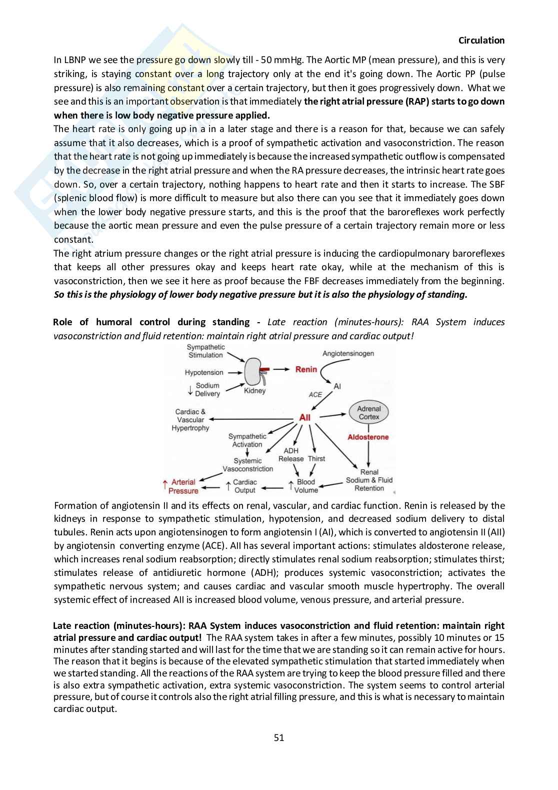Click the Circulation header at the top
click(481, 41)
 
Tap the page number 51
click(279, 737)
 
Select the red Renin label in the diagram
click(306, 369)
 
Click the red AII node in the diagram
click(304, 417)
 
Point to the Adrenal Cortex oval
click(368, 413)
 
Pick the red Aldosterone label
click(368, 437)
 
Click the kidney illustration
click(253, 373)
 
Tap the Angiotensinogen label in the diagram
click(348, 353)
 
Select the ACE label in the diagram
click(315, 394)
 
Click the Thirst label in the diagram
click(316, 458)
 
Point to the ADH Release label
click(291, 455)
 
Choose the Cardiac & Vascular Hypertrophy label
click(190, 420)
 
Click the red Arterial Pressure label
click(183, 486)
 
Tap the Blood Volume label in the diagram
click(305, 486)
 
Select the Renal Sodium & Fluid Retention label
click(369, 480)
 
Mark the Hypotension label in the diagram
click(204, 372)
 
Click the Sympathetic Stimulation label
click(205, 351)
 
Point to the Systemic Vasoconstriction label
click(247, 465)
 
